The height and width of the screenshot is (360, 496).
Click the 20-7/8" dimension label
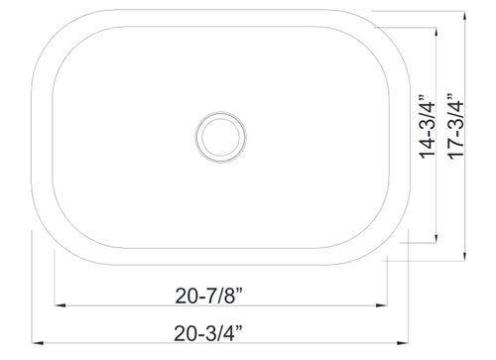point(209,296)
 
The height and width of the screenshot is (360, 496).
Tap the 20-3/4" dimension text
point(208,333)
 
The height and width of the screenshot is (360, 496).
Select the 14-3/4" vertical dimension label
point(428,127)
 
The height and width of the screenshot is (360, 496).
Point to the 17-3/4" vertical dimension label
point(456,127)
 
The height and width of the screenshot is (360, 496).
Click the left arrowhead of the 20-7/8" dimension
point(60,305)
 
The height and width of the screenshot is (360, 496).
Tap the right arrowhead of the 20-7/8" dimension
point(381,305)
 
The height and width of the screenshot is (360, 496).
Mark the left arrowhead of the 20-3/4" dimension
point(38,343)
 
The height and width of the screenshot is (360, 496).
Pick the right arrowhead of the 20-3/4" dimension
point(403,343)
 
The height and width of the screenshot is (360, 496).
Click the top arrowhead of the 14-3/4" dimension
point(436,33)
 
